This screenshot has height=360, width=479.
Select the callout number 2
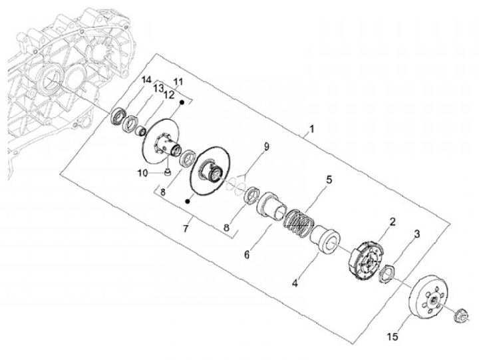[393, 222]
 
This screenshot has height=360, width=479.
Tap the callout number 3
[416, 234]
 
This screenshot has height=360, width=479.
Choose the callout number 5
[328, 180]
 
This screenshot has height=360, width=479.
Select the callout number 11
[178, 82]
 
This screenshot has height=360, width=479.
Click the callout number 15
[393, 337]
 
